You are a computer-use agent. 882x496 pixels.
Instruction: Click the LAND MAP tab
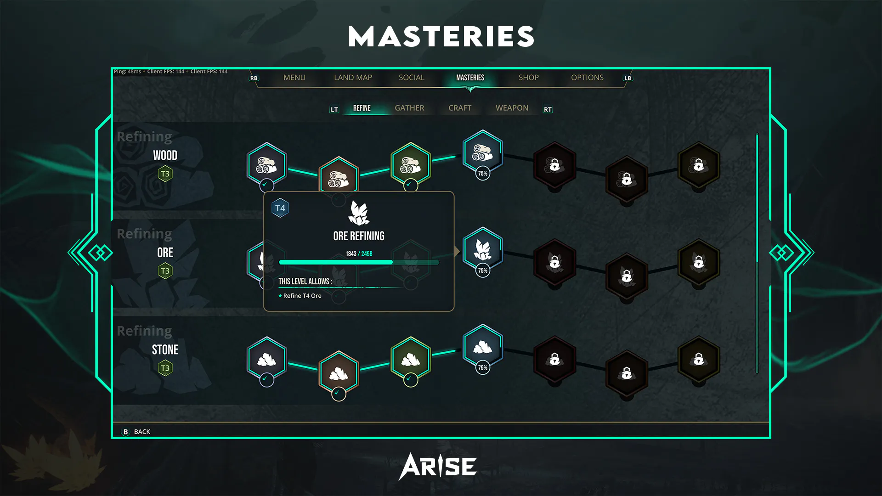[x=353, y=78]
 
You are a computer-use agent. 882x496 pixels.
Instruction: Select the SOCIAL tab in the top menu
[x=412, y=78]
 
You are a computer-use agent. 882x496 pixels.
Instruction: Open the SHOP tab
[x=529, y=78]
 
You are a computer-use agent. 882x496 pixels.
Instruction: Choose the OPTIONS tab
[x=587, y=78]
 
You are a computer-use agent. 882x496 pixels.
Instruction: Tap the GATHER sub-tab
[x=409, y=108]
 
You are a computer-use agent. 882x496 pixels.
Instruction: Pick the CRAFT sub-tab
[x=460, y=108]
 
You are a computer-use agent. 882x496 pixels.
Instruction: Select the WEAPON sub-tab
[x=512, y=108]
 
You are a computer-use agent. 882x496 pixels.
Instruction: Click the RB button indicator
[x=254, y=78]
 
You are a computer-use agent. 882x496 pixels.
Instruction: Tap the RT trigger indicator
[x=548, y=109]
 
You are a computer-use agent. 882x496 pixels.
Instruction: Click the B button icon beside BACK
[x=125, y=432]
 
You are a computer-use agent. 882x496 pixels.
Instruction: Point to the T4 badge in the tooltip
[x=280, y=208]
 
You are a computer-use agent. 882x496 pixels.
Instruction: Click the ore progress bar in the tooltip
[x=359, y=262]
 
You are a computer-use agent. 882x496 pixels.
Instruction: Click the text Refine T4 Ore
[x=302, y=296]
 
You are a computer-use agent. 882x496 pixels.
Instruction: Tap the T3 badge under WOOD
[x=165, y=174]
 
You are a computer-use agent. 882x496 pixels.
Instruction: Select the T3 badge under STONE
[x=165, y=368]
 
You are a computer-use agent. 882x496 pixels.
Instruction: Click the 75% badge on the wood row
[x=482, y=174]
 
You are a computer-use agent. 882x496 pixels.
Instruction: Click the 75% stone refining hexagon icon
[x=483, y=347]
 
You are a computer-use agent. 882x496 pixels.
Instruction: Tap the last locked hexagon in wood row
[x=699, y=165]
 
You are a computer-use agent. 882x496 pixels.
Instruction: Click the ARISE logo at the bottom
[x=437, y=467]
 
